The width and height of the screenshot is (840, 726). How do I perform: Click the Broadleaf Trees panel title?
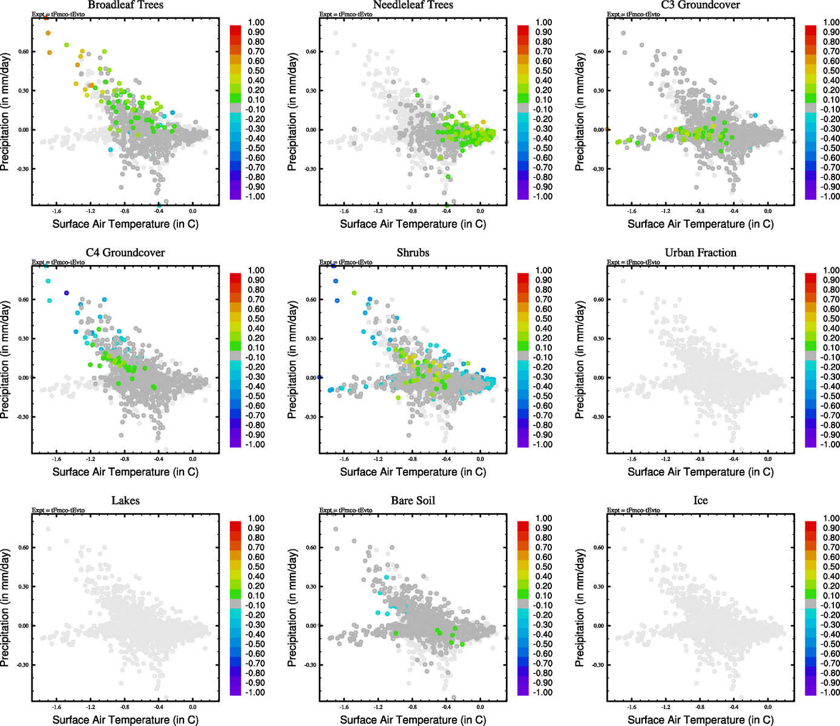(125, 5)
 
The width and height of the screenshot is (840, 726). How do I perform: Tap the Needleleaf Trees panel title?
(413, 5)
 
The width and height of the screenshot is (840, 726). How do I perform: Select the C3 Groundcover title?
(700, 5)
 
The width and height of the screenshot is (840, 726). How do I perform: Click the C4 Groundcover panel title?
(125, 253)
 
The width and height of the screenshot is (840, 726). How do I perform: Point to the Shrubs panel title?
(413, 253)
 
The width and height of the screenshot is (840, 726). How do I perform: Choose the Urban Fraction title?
(700, 253)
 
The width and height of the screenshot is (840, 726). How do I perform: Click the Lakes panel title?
(125, 501)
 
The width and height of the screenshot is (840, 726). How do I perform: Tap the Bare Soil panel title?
(413, 501)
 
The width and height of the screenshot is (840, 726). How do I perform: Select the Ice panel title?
(700, 501)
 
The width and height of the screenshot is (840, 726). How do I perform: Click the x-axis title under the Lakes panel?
(125, 720)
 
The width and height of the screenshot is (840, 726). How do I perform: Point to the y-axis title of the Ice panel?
(580, 607)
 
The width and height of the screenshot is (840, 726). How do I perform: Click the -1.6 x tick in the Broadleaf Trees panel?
(57, 211)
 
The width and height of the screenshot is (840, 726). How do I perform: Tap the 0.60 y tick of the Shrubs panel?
(310, 299)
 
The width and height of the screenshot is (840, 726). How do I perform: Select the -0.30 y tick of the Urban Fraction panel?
(598, 417)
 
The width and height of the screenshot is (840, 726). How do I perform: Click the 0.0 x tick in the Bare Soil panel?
(480, 707)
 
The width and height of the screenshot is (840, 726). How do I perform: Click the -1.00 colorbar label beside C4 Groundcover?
(255, 445)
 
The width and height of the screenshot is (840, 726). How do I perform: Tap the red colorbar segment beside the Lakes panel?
(235, 523)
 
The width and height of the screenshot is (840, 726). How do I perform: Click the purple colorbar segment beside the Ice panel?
(810, 692)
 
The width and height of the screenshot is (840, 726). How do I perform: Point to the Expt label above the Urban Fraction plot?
(633, 262)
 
